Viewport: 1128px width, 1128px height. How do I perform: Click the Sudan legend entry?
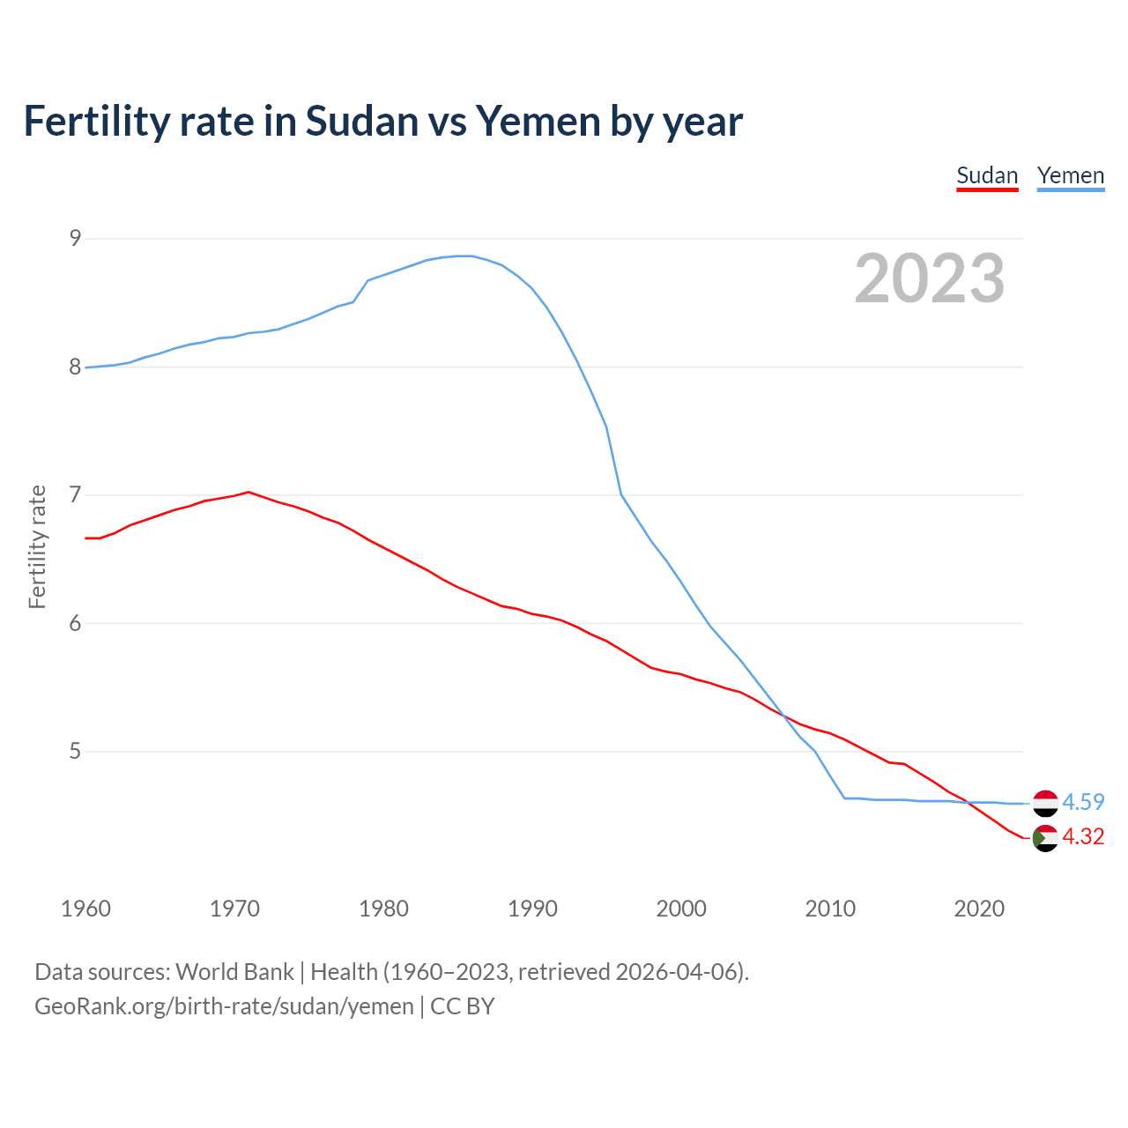click(x=987, y=175)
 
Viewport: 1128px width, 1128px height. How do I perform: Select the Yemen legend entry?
click(x=1070, y=175)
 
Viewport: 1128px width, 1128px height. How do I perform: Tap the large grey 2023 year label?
click(x=929, y=278)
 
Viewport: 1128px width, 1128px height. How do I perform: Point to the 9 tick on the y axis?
click(x=75, y=238)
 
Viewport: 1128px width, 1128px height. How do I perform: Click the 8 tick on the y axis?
click(x=75, y=367)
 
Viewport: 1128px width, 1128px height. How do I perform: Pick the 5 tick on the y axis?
click(x=75, y=752)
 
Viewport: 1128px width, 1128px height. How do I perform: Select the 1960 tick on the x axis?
click(x=85, y=909)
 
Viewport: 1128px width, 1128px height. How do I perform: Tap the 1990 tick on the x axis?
click(x=532, y=909)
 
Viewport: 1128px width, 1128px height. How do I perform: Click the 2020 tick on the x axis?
click(x=979, y=909)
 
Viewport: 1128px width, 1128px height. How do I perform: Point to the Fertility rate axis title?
click(x=37, y=546)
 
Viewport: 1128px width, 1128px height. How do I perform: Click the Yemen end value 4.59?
click(x=1083, y=802)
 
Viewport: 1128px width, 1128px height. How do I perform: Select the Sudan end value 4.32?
click(x=1083, y=836)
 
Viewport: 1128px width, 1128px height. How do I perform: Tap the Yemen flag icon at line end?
click(x=1045, y=803)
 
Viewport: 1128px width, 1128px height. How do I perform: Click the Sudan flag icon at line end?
click(x=1045, y=838)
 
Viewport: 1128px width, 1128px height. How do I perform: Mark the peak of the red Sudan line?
click(x=249, y=492)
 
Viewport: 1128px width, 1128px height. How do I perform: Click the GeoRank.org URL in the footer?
click(x=224, y=1006)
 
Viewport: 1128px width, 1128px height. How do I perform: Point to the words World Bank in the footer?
click(x=234, y=971)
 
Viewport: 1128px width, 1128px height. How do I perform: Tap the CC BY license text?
click(x=462, y=1006)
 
